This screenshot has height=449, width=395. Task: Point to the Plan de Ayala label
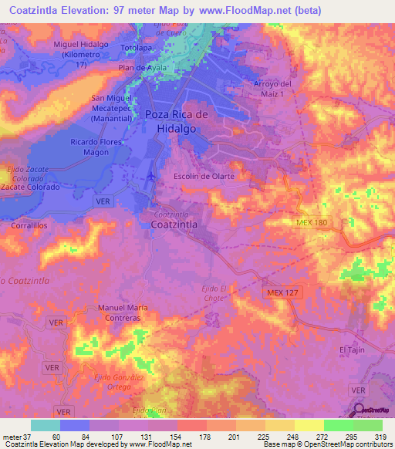tap(143, 68)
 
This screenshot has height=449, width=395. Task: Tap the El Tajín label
tap(352, 349)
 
